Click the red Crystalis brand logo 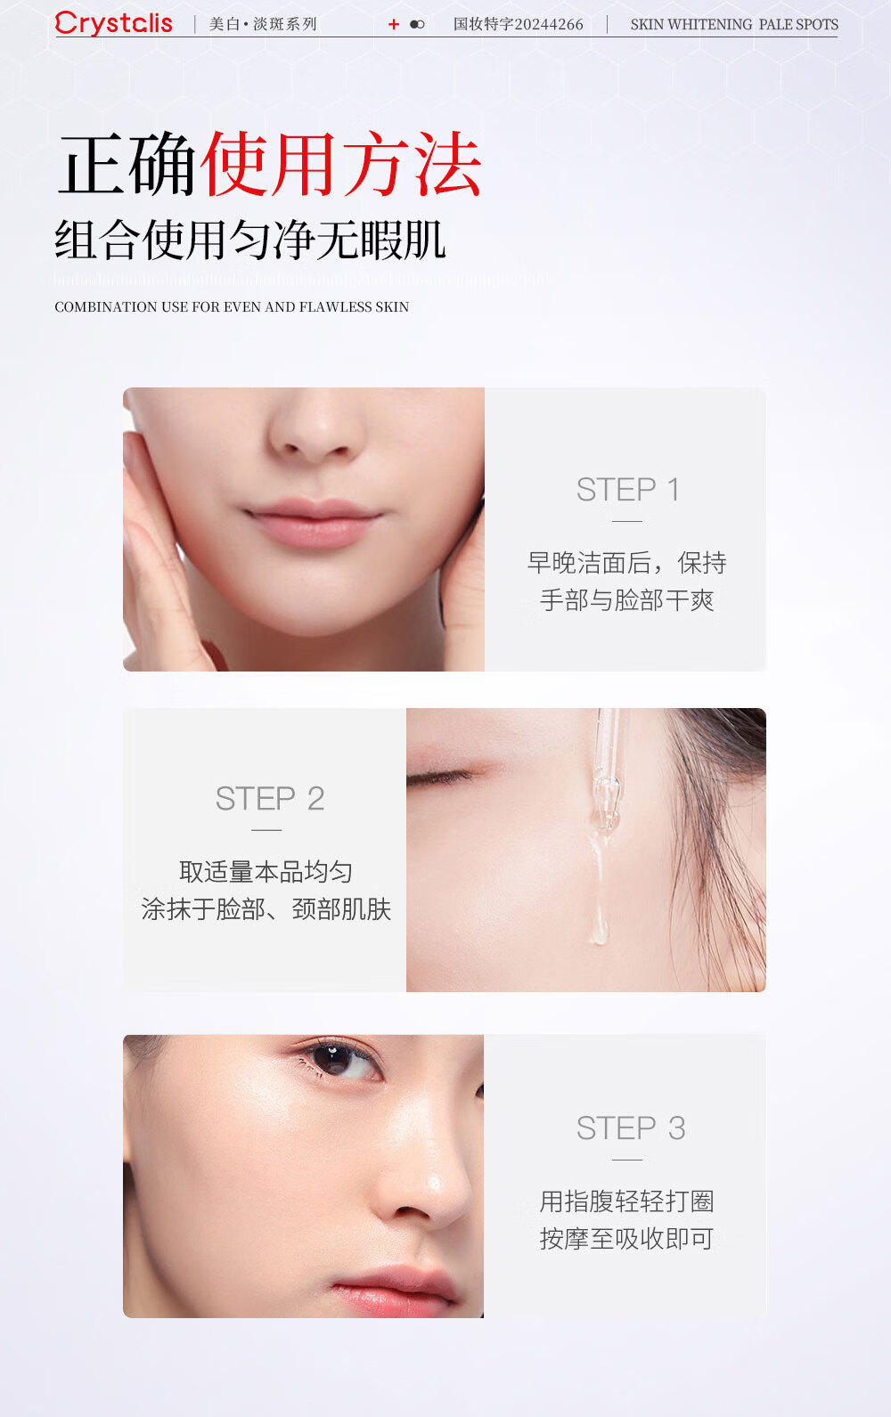pos(114,23)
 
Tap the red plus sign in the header pos(394,24)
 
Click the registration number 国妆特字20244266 pos(519,24)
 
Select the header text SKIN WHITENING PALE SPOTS pos(734,25)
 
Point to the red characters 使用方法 pos(341,164)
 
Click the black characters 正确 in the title pos(127,164)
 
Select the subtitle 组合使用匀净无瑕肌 pos(250,240)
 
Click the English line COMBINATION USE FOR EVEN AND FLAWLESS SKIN pos(232,306)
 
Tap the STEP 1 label pos(628,490)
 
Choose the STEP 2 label pos(270,798)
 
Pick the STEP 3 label pos(631,1128)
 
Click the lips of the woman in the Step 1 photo pos(313,521)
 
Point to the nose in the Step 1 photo pos(315,425)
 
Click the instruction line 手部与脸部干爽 pos(626,599)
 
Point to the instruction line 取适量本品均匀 pos(266,872)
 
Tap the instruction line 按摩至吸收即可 pos(626,1238)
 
